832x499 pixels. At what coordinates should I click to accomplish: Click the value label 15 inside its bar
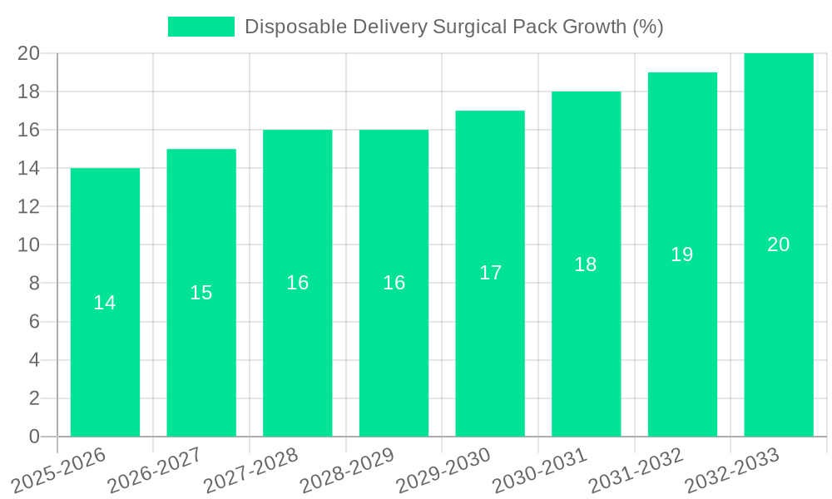pyautogui.click(x=201, y=293)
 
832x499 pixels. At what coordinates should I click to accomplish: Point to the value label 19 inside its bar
pyautogui.click(x=682, y=254)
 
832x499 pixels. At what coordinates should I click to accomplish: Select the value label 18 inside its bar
pyautogui.click(x=586, y=264)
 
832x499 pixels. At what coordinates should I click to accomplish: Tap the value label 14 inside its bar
pyautogui.click(x=105, y=303)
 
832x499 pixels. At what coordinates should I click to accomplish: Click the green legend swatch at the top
pyautogui.click(x=201, y=27)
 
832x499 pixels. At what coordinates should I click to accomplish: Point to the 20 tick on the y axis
pyautogui.click(x=28, y=53)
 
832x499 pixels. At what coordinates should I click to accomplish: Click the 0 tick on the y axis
pyautogui.click(x=34, y=437)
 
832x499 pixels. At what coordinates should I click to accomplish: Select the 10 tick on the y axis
pyautogui.click(x=28, y=245)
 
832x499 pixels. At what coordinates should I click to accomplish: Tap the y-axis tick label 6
pyautogui.click(x=34, y=322)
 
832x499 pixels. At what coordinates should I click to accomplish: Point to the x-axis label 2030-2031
pyautogui.click(x=540, y=471)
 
